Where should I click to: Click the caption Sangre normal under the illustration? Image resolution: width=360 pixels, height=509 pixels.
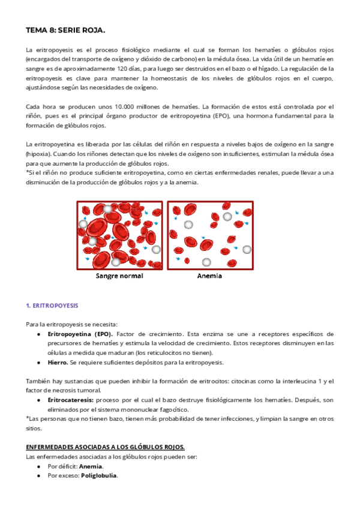point(120,276)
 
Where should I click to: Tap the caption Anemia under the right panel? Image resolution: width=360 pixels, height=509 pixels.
point(210,276)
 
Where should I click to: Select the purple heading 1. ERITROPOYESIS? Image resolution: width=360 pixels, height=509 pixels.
point(52,305)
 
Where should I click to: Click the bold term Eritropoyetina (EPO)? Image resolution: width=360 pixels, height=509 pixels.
point(80,334)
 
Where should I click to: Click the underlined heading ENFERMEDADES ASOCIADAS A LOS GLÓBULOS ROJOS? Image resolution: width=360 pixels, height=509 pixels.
point(105,447)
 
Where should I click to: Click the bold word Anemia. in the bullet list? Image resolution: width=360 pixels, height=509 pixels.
point(92,466)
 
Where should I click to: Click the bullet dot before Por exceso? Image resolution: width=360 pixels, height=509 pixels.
point(38,476)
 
